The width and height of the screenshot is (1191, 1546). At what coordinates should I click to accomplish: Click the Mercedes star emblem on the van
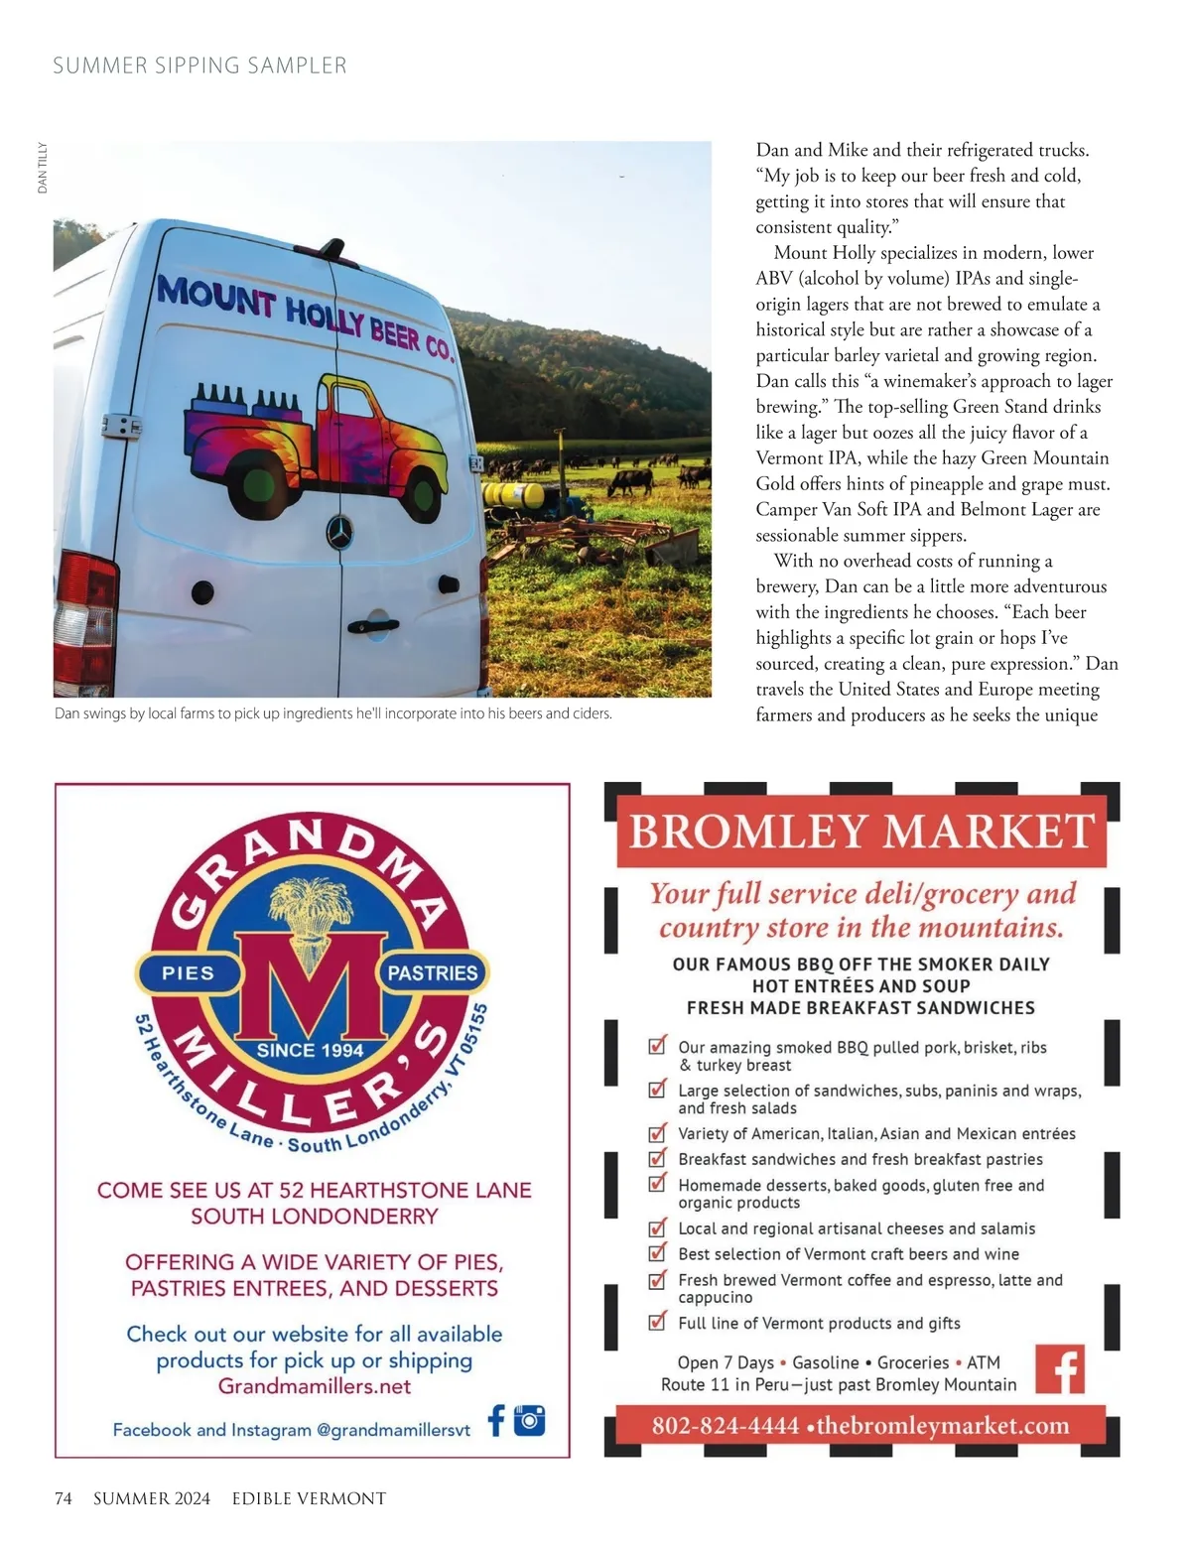(340, 532)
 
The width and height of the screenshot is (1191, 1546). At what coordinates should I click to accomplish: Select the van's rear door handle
(370, 625)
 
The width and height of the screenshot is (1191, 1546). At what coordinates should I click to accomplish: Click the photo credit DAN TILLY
(43, 168)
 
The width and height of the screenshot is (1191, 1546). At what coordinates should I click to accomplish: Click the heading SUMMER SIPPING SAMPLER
(199, 66)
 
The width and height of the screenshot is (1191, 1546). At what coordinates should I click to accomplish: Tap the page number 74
(63, 1498)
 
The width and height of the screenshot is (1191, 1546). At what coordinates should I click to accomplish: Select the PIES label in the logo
(188, 973)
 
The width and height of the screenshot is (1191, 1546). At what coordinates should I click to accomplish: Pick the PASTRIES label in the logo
(433, 973)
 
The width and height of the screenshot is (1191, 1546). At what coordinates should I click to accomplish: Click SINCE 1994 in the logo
(310, 1050)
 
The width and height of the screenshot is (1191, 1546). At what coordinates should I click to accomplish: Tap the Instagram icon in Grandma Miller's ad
(530, 1420)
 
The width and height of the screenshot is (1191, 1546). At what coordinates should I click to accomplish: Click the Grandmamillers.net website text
(315, 1386)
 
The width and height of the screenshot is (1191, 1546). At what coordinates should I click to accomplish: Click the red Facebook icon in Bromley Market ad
(1060, 1369)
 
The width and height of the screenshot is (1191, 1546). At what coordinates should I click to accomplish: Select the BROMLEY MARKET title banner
(861, 832)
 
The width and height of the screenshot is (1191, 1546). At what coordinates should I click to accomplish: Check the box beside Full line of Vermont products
(657, 1322)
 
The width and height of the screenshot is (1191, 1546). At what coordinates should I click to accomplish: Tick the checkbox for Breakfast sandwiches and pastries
(657, 1158)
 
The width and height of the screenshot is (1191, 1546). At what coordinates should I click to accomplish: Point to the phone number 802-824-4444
(725, 1426)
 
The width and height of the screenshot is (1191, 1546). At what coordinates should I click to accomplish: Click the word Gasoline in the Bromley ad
(826, 1362)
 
